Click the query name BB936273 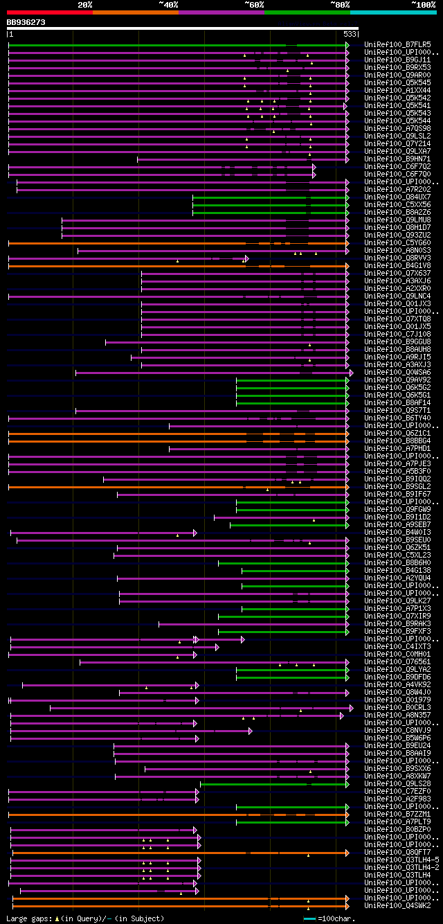coord(26,22)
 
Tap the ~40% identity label coord(168,4)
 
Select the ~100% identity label coord(423,4)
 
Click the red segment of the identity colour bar coord(49,12)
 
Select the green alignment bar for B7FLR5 coord(145,45)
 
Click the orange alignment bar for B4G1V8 coord(138,266)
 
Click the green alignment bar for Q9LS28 coord(273,784)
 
